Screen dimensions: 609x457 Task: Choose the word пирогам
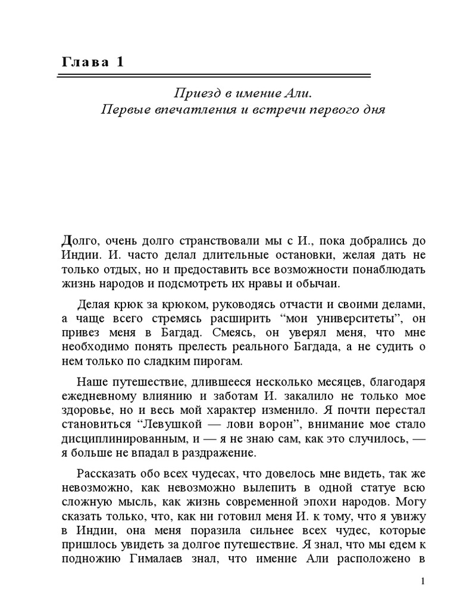[x=209, y=362]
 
